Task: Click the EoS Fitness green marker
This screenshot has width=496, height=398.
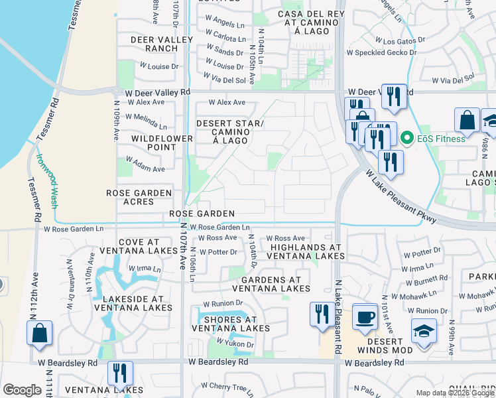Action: click(407, 139)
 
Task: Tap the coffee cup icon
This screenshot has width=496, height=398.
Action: click(364, 317)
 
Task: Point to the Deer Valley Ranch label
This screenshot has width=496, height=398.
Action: click(154, 44)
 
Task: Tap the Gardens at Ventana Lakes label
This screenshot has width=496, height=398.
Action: click(271, 284)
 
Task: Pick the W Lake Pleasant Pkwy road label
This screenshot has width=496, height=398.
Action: click(401, 197)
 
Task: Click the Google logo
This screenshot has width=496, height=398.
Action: click(22, 390)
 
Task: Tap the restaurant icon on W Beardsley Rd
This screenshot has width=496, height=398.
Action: click(120, 373)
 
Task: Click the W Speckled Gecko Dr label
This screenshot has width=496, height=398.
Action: click(379, 52)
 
